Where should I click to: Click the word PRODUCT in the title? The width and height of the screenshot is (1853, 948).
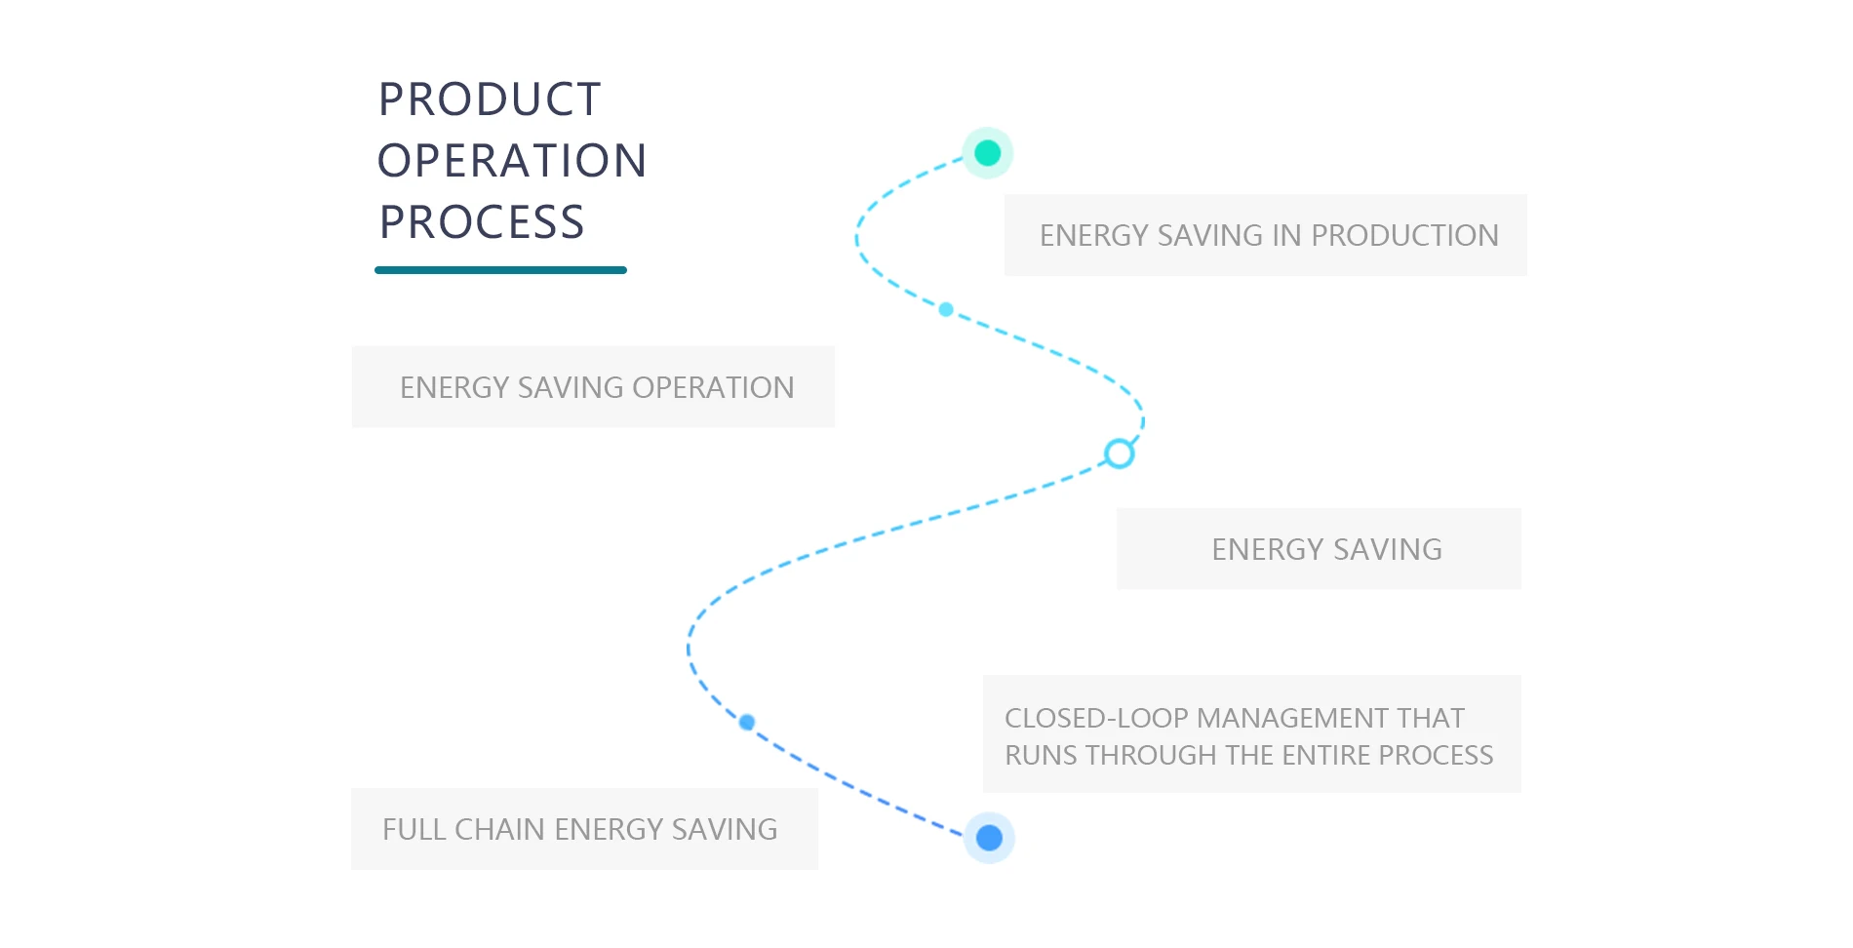490,99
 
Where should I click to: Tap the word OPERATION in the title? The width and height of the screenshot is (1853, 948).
512,161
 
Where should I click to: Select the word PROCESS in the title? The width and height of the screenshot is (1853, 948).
482,222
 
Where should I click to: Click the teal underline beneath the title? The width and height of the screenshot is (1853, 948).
500,270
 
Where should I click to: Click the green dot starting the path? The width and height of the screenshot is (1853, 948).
988,153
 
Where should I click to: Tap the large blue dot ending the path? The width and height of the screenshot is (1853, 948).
989,838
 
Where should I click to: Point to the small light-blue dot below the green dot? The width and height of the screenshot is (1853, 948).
946,309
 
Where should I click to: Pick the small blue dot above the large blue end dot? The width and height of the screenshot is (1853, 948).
747,722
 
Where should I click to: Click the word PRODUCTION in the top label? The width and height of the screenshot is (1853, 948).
1404,236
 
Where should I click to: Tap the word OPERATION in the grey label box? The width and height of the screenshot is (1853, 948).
713,388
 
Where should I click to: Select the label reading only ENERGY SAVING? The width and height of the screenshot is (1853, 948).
1326,550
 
